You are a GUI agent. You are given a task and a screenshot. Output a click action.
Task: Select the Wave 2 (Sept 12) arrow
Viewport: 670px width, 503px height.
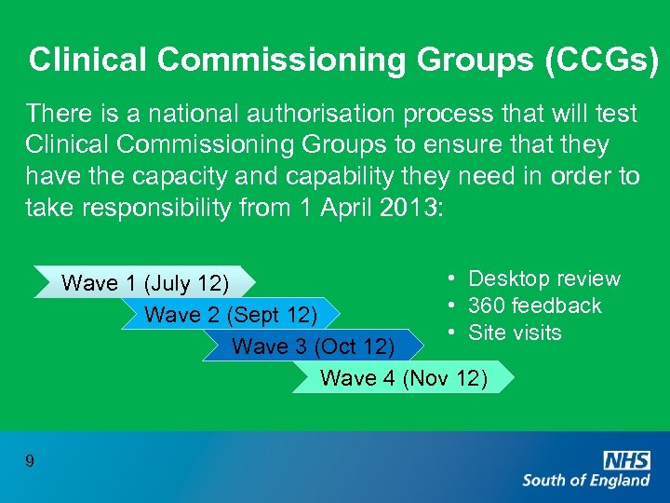pos(232,315)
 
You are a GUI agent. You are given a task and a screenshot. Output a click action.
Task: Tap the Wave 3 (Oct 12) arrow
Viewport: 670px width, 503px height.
pos(313,347)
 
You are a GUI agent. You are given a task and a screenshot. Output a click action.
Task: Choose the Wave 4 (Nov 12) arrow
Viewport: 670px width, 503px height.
pos(403,377)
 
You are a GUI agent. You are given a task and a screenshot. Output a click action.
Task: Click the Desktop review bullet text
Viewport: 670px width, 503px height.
pos(543,279)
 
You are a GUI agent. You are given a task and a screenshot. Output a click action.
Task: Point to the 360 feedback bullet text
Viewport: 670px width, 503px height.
pos(534,306)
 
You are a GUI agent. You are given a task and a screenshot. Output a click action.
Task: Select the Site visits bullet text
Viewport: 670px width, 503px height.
pos(515,333)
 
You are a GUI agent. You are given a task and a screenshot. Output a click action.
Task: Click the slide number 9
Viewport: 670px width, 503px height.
pos(31,460)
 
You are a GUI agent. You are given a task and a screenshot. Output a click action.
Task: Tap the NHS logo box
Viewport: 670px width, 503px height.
pos(626,458)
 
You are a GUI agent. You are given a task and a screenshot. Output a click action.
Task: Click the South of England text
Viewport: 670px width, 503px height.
pos(586,481)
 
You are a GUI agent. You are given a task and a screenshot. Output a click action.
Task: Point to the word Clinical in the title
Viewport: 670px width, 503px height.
pos(88,60)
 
